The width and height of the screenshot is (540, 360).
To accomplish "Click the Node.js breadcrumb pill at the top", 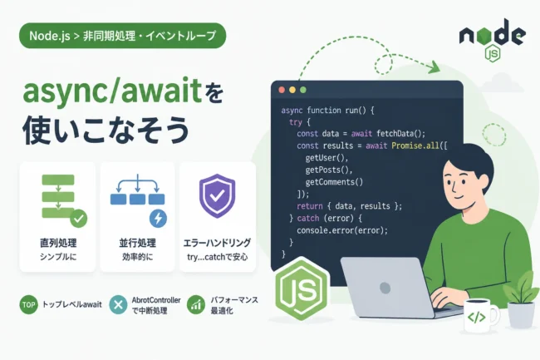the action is click(x=123, y=36).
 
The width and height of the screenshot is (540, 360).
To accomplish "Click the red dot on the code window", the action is click(x=282, y=90).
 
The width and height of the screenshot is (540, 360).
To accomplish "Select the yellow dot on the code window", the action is click(x=292, y=90).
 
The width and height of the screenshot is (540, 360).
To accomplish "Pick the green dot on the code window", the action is click(x=303, y=90).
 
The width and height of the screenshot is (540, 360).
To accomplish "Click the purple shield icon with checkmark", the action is click(x=217, y=195).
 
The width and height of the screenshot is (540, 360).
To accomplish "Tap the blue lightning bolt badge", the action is click(x=158, y=219).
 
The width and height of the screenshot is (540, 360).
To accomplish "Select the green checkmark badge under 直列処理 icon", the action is click(x=79, y=219).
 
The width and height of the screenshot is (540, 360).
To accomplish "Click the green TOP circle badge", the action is click(x=28, y=304).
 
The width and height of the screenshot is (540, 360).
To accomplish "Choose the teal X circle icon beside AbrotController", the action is click(x=118, y=304).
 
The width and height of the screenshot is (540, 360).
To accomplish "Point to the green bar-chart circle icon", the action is click(x=196, y=304).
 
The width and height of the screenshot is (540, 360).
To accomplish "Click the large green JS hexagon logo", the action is click(x=302, y=288).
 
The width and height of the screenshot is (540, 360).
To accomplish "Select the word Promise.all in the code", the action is click(x=415, y=145).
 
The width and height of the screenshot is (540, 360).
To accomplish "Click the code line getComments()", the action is click(x=334, y=182).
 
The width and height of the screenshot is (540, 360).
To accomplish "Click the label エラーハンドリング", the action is click(x=217, y=243).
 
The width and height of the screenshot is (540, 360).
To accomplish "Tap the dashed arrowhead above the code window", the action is click(x=434, y=67).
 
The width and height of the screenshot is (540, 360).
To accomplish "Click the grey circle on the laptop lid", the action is click(x=385, y=288).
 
